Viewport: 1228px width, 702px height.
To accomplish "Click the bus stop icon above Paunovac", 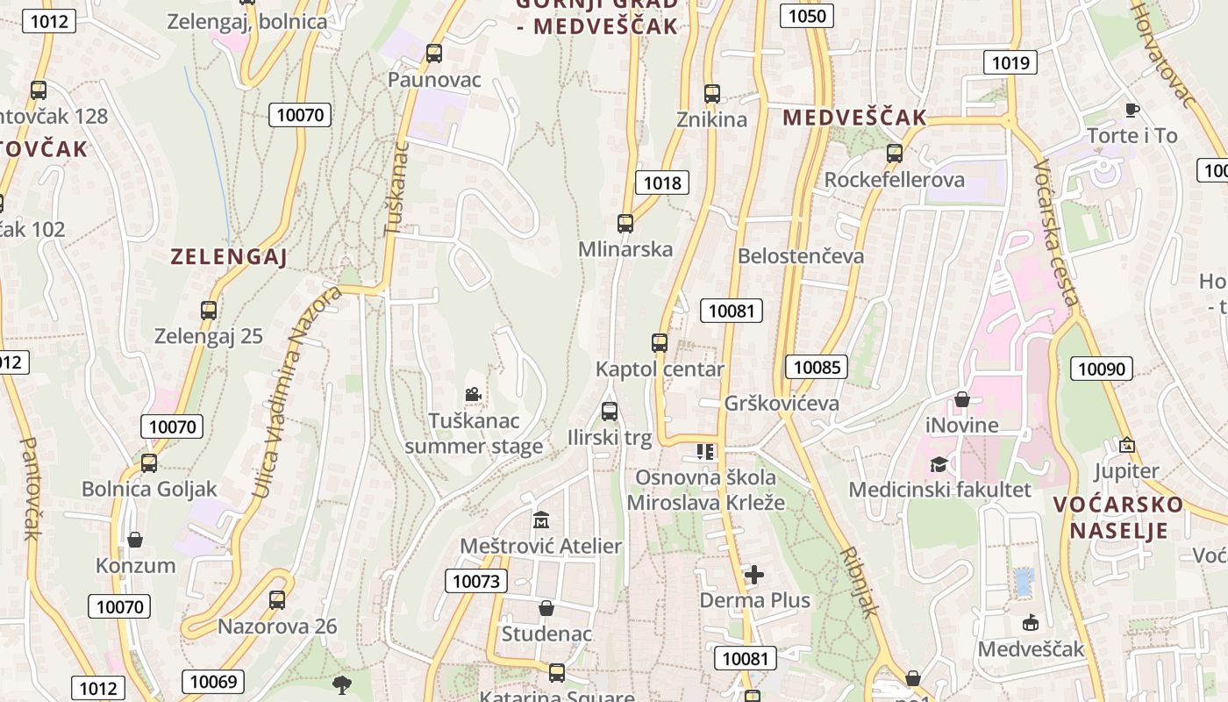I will coord(433,54).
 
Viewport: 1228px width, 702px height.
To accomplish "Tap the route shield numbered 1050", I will coord(807,16).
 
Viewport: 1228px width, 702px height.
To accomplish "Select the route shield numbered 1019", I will coord(1010,62).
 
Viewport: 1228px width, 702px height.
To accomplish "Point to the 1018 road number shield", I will coord(662,183).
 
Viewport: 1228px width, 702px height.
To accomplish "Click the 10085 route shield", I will coord(817,367).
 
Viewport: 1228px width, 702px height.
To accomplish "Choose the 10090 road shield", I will coord(1101,369).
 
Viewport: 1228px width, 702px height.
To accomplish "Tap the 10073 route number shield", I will coord(476,581).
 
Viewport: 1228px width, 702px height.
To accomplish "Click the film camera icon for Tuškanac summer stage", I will coord(473,395).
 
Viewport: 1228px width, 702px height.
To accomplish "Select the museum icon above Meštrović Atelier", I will coord(540,519).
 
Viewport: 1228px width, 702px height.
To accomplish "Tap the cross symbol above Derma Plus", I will coord(753,575).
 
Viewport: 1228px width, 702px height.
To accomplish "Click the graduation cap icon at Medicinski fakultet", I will coord(939,463).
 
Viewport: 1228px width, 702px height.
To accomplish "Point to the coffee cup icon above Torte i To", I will coord(1132,110).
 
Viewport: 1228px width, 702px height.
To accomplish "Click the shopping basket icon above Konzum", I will coord(135,539).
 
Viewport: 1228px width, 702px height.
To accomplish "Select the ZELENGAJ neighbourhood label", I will coord(229,257).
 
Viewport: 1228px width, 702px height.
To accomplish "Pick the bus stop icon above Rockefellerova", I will coord(894,154).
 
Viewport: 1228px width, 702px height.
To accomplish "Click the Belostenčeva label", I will coord(801,256).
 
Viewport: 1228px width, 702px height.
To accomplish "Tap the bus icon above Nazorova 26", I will coord(277,600).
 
